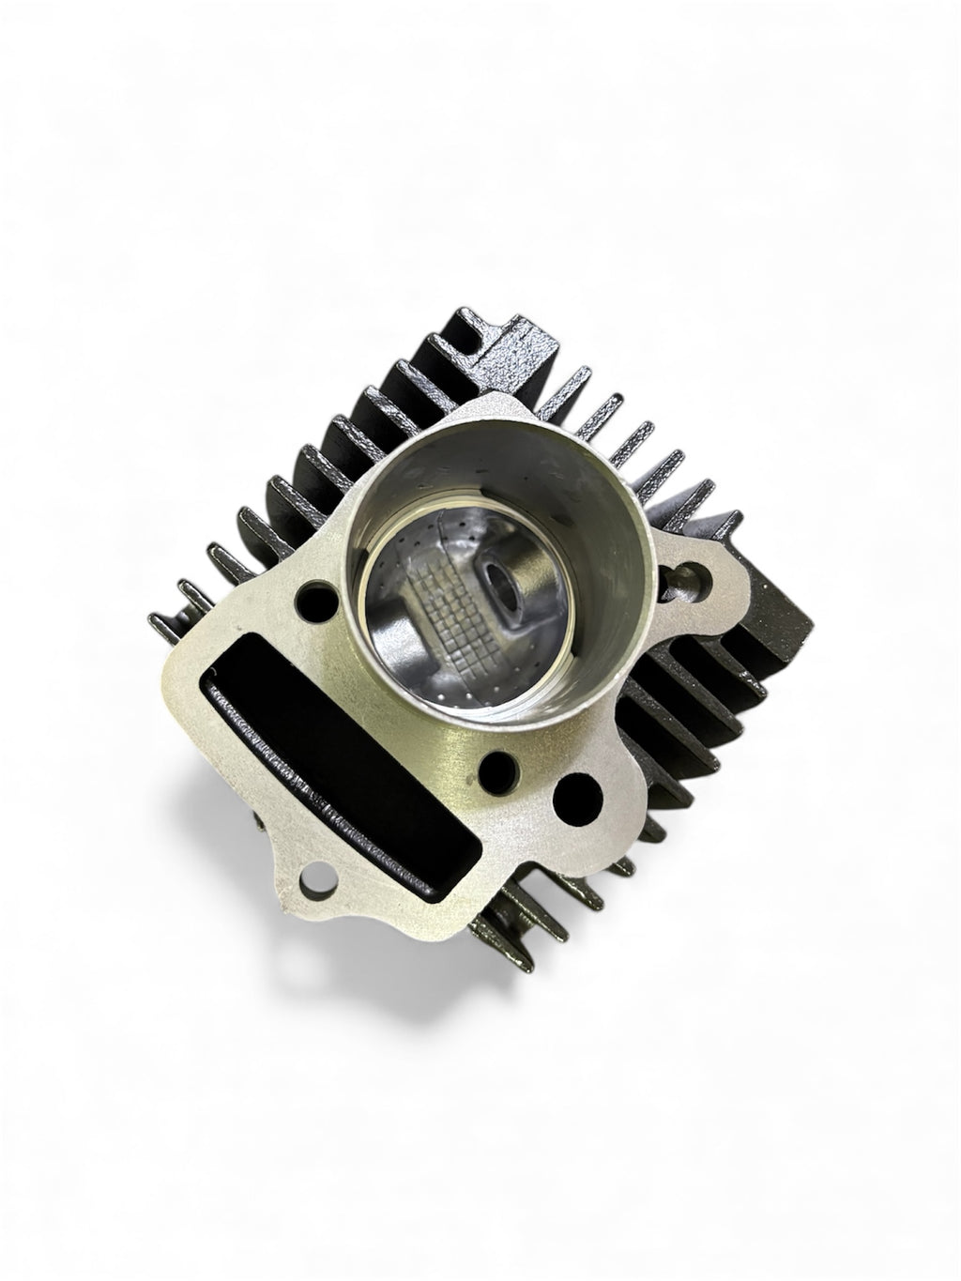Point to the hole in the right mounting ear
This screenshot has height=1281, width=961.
[x=698, y=569]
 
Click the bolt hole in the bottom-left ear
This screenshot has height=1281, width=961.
[x=306, y=882]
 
